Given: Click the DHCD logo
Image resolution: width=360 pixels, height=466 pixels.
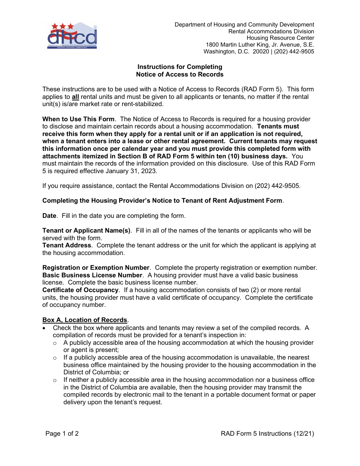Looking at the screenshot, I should point(72,36).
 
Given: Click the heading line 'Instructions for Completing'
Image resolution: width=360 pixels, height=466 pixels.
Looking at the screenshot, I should point(180,67).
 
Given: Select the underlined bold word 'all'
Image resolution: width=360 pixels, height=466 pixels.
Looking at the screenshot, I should point(75,97).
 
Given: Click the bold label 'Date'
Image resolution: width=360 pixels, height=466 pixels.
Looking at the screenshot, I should point(49,216).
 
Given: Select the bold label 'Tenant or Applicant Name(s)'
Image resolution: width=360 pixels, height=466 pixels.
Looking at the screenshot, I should point(86,230).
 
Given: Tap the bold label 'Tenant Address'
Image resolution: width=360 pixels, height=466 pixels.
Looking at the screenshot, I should point(67,245).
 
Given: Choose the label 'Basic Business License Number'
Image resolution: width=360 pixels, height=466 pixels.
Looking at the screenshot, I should point(92,275).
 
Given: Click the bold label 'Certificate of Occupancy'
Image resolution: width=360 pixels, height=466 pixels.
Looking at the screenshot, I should point(80,290).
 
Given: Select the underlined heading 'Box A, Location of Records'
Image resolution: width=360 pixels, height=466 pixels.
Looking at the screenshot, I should point(85,320).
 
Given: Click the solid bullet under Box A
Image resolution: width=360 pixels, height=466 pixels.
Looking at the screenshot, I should point(45,328).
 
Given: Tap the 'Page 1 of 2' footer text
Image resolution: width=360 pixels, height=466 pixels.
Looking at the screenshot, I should point(62,433).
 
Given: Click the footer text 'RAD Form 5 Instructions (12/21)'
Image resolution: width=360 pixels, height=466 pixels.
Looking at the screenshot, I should point(268,433).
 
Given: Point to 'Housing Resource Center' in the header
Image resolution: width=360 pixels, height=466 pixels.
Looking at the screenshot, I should point(280,38).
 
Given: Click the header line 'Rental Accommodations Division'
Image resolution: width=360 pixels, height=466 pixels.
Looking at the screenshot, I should point(271,31).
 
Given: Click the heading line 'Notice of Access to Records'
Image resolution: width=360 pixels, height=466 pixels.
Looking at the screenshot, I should point(180,75).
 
